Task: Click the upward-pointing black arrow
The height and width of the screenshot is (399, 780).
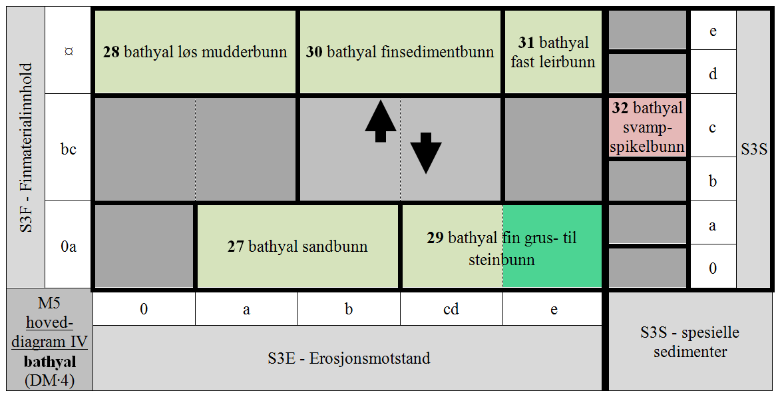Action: tap(381, 121)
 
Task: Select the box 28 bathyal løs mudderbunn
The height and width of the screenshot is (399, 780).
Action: tap(195, 52)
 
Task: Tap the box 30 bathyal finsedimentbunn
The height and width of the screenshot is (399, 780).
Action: tap(400, 52)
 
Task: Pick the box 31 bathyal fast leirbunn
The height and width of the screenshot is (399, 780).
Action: tap(553, 52)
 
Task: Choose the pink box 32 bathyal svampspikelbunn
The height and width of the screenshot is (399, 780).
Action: tap(647, 127)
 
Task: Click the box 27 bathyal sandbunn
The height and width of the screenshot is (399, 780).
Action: tap(297, 246)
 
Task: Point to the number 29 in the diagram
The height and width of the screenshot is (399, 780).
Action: tap(435, 238)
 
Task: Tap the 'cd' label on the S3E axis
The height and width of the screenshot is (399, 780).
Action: tap(451, 309)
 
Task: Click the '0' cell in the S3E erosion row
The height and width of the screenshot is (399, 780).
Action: tap(144, 309)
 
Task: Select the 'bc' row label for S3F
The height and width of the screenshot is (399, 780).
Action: tap(69, 149)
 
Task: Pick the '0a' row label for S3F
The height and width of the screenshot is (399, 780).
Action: tap(69, 246)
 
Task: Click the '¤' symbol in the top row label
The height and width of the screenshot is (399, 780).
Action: tap(69, 51)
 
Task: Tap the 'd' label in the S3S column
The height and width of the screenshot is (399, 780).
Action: tap(713, 74)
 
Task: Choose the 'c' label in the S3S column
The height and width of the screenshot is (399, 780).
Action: tap(713, 128)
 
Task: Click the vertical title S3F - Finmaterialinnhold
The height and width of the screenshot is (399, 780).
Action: tap(27, 147)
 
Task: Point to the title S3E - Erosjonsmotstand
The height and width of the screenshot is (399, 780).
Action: tap(349, 358)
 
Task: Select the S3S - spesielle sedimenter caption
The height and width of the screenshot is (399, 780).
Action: tap(690, 342)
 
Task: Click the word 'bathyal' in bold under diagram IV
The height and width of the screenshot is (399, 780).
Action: tap(50, 362)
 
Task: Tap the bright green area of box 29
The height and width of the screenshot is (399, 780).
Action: tap(552, 246)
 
